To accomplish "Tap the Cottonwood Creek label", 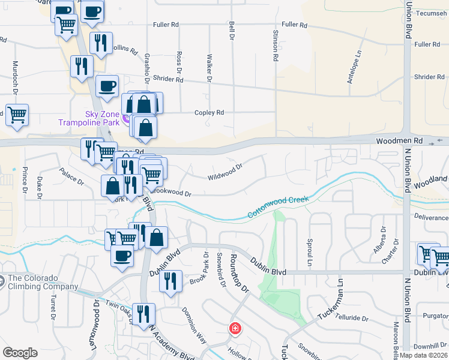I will pos(278,207).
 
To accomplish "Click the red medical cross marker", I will pos(235,329).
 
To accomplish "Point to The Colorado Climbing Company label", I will pos(43,282).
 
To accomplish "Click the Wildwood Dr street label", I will pos(224,173).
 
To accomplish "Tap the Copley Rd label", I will pos(209,112).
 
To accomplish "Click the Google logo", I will pos(20,352).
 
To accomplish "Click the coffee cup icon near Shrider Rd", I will pos(107,85).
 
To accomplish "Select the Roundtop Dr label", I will pos(240,275).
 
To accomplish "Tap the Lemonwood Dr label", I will pos(96,310).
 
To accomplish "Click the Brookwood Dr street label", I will pos(170,192).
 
